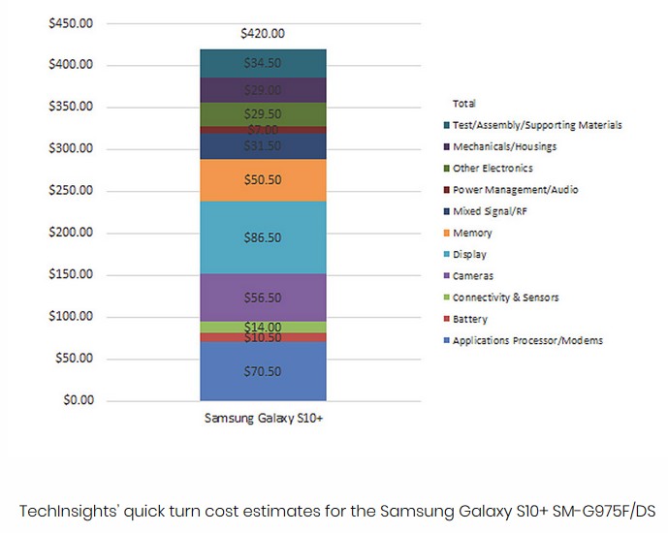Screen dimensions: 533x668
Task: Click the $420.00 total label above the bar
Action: (x=263, y=33)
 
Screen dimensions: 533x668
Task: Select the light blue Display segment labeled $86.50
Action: (x=263, y=237)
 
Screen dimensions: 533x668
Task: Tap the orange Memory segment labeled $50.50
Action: (x=263, y=180)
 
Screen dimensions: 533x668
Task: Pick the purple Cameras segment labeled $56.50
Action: (x=263, y=298)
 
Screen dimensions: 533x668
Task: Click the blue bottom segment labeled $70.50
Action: (x=263, y=371)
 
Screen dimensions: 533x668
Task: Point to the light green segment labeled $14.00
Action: (x=263, y=328)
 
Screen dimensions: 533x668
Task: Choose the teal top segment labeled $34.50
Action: (x=263, y=63)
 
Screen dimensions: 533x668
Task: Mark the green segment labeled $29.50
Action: (x=263, y=114)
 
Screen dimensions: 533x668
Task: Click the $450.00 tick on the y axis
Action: (x=71, y=23)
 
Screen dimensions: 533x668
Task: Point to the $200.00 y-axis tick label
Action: (x=71, y=233)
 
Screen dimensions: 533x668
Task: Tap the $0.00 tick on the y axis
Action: (x=77, y=400)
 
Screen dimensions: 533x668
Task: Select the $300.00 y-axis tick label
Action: (x=71, y=148)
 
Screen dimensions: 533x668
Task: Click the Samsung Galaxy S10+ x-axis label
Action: (x=262, y=419)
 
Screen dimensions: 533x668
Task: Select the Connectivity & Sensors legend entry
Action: (x=505, y=298)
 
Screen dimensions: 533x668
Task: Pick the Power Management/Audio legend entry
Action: (x=515, y=190)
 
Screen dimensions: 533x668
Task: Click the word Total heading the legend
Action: (x=464, y=103)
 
